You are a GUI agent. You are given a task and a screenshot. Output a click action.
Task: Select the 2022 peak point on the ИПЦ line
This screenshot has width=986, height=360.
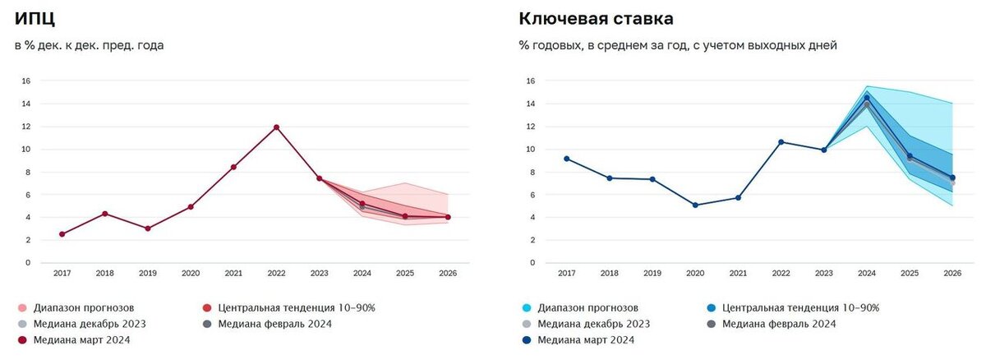click(276, 127)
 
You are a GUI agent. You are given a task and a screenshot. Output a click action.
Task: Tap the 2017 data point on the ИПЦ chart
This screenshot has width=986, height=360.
click(62, 234)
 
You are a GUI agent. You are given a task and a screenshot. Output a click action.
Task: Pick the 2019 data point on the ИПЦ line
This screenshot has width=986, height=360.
click(147, 228)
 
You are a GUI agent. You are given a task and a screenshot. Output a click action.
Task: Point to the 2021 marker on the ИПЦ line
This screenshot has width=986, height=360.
click(233, 167)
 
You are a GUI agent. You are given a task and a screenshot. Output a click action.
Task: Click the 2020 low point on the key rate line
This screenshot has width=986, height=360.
click(695, 205)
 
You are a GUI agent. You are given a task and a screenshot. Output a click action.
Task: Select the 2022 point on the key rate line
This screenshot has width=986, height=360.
click(781, 142)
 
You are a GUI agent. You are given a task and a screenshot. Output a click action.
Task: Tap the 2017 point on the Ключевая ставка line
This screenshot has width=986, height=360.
click(567, 159)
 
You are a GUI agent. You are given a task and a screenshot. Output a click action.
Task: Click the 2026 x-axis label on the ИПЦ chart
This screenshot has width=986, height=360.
click(448, 272)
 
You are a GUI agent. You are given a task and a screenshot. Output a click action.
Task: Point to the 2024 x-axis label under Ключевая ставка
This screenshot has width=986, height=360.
click(867, 272)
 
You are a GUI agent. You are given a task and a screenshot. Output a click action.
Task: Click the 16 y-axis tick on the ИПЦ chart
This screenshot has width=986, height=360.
click(25, 81)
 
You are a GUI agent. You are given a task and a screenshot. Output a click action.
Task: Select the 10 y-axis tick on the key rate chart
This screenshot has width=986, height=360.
click(530, 149)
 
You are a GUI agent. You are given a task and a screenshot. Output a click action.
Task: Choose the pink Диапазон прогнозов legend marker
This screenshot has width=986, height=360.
click(21, 308)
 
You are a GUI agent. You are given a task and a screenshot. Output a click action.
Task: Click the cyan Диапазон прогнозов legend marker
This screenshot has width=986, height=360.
click(526, 308)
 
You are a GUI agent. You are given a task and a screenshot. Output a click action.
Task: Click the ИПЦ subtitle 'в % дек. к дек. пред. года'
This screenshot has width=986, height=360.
click(90, 45)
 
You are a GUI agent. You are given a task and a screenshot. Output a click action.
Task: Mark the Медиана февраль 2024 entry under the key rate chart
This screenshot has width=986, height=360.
click(772, 324)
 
